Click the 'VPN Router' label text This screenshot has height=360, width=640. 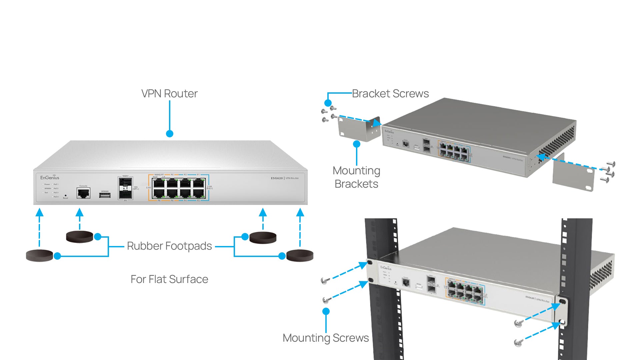169,94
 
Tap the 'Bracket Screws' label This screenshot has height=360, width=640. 390,94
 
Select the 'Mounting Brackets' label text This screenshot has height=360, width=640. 356,177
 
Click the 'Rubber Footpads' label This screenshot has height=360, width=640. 169,246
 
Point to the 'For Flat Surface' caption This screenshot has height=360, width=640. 169,279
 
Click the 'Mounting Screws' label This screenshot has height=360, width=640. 326,338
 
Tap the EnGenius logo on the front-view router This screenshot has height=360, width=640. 50,178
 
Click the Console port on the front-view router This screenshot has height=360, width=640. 83,193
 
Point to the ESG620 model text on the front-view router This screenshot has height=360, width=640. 277,178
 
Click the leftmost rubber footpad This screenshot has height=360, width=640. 39,255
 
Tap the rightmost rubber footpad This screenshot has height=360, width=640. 300,255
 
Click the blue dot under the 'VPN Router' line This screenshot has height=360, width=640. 170,134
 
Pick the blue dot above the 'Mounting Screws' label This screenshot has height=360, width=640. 326,311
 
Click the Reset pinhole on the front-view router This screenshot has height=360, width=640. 65,195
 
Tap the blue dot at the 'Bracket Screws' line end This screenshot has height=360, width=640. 328,103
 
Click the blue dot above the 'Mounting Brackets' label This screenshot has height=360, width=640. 357,144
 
